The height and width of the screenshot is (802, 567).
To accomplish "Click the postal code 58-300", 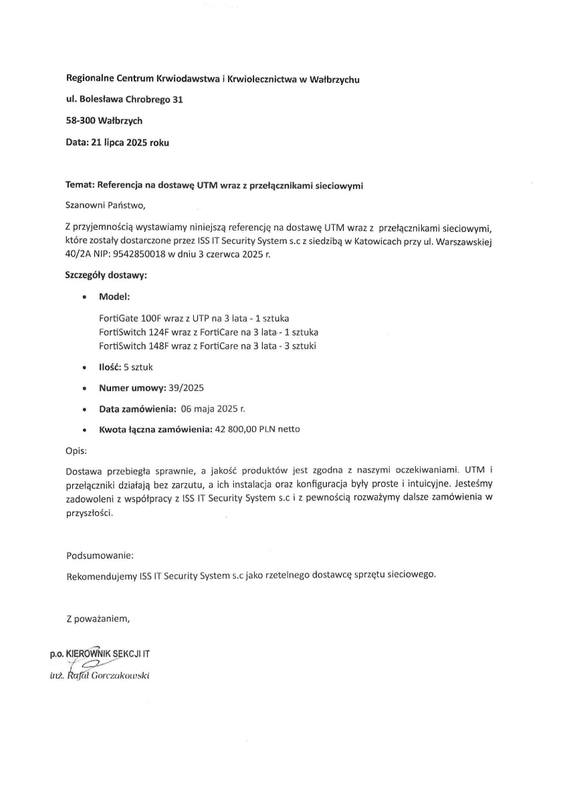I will [80, 121].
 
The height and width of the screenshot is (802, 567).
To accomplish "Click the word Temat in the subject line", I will [80, 185].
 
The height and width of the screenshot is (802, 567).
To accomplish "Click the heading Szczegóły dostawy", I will [106, 275].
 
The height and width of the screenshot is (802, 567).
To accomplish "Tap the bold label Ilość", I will [110, 367].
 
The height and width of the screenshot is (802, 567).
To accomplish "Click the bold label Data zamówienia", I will [138, 408].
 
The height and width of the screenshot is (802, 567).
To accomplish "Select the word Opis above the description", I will [76, 450].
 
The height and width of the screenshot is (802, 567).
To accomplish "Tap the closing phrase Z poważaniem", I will [98, 618].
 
